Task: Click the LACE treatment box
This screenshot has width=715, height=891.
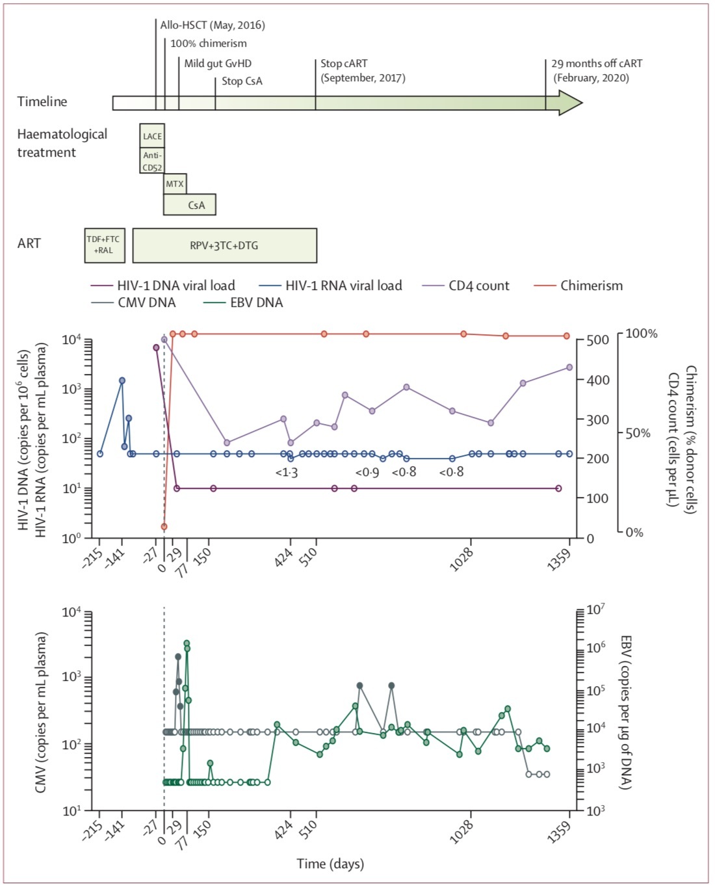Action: coord(152,135)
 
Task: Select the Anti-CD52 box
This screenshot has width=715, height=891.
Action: coord(152,160)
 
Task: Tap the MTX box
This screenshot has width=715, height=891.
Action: coord(175,184)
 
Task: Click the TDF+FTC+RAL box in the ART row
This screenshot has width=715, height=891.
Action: coord(105,245)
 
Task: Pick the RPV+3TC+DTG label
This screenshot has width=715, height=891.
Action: coord(224,246)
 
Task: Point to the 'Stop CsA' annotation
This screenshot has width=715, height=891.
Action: coord(242,81)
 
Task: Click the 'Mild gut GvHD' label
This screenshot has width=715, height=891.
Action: coord(218,64)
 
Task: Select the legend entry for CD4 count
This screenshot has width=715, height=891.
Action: coord(466,286)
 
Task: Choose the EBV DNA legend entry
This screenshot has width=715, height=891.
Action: coord(243,302)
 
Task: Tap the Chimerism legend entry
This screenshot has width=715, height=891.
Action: coord(578,286)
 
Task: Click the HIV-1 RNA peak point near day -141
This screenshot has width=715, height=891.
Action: coord(122,380)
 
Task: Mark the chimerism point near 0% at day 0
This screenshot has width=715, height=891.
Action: coord(164,527)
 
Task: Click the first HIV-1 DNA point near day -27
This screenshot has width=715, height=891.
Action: coord(156,347)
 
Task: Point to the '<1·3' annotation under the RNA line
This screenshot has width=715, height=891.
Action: coord(287,472)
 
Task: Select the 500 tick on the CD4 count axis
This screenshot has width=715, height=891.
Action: coord(597,340)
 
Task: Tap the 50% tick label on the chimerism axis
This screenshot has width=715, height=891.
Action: coord(638,434)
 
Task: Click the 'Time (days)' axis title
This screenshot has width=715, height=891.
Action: coord(330,864)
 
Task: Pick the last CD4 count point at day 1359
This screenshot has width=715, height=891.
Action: coord(569,367)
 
